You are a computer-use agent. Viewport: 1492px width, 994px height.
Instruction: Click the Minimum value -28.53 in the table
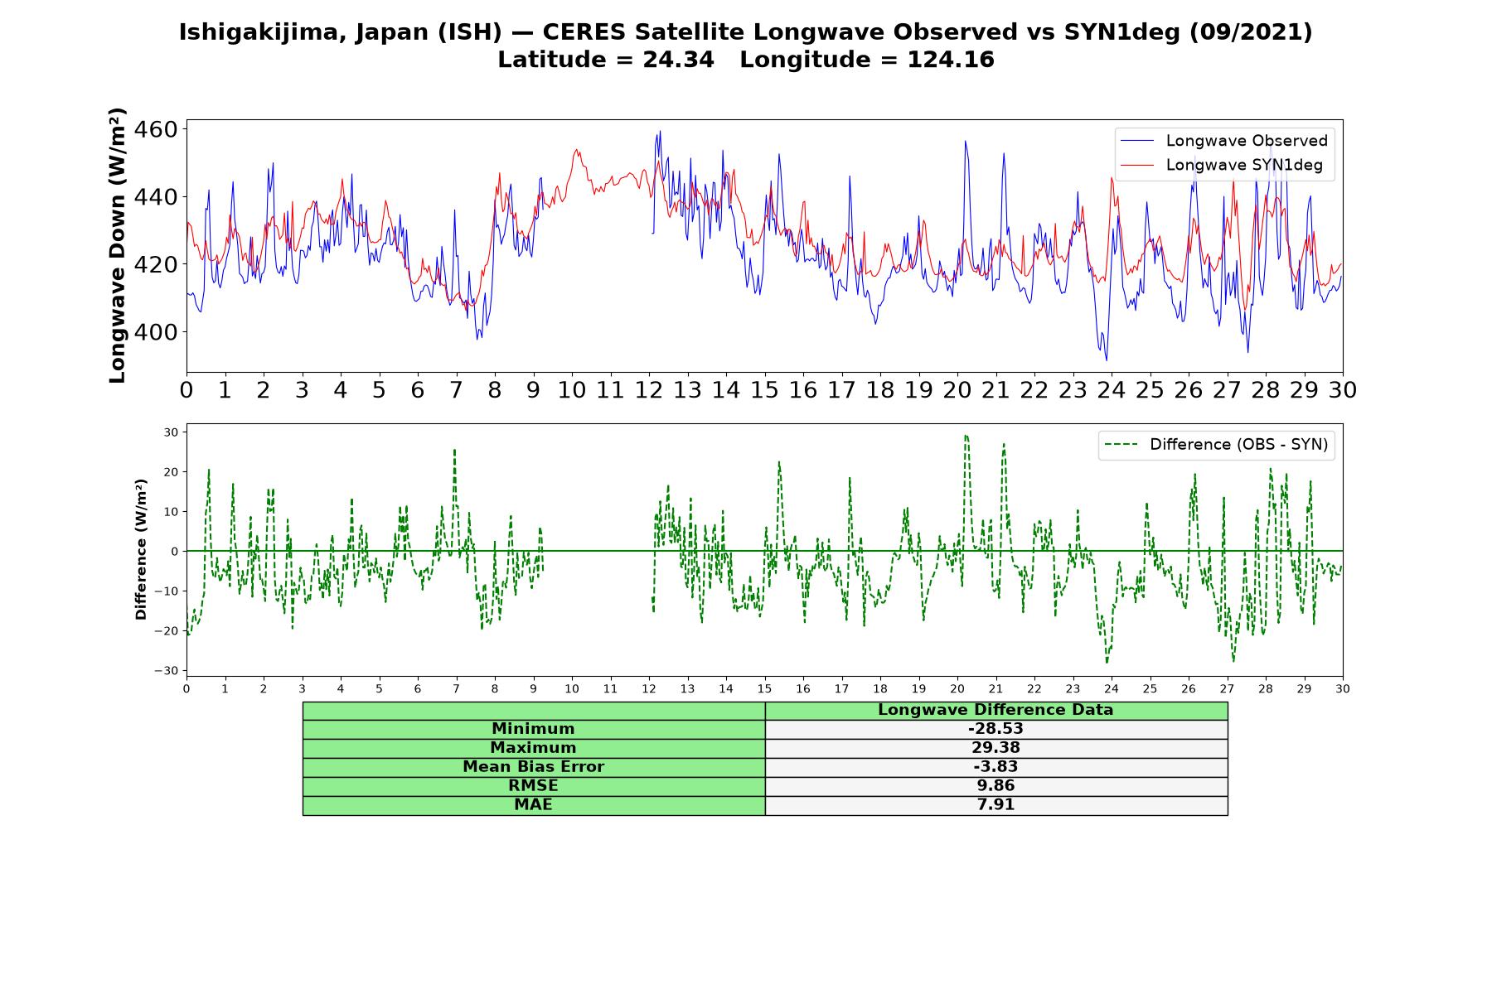point(995,729)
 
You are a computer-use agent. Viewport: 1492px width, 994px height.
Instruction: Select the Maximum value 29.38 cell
point(995,748)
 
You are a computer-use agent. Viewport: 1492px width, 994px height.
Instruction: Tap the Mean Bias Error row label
point(533,767)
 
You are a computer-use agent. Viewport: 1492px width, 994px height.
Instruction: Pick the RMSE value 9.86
point(995,786)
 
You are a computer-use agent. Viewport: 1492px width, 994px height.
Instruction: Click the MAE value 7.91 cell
point(995,805)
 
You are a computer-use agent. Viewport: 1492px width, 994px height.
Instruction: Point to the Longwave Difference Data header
point(995,710)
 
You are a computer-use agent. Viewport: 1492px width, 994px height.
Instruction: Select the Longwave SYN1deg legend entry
point(1221,165)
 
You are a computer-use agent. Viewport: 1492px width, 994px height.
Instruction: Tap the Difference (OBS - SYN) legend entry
point(1216,445)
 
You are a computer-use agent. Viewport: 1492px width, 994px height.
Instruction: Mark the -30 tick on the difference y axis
point(171,671)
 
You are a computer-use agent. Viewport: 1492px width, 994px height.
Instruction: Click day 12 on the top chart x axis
point(649,390)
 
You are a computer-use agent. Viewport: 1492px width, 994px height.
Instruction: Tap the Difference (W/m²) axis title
point(141,549)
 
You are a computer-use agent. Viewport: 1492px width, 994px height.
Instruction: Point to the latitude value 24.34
point(678,60)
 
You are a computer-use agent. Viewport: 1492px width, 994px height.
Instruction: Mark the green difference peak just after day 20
point(966,436)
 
